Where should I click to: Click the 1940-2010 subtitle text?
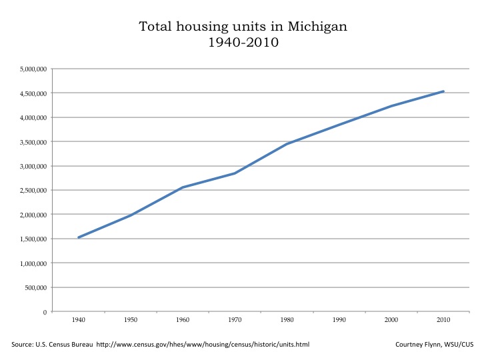pyautogui.click(x=243, y=43)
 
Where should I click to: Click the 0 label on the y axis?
pyautogui.click(x=45, y=312)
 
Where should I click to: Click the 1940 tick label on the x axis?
pyautogui.click(x=79, y=321)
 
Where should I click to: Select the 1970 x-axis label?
pyautogui.click(x=235, y=321)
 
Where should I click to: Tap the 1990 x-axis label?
pyautogui.click(x=339, y=321)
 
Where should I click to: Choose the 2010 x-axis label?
pyautogui.click(x=443, y=321)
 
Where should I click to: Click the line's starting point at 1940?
pyautogui.click(x=79, y=237)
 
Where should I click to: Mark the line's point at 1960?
pyautogui.click(x=183, y=187)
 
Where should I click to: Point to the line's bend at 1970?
pyautogui.click(x=235, y=173)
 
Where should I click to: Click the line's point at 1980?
pyautogui.click(x=287, y=144)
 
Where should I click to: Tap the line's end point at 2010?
pyautogui.click(x=443, y=91)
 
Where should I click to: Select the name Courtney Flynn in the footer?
pyautogui.click(x=419, y=344)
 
